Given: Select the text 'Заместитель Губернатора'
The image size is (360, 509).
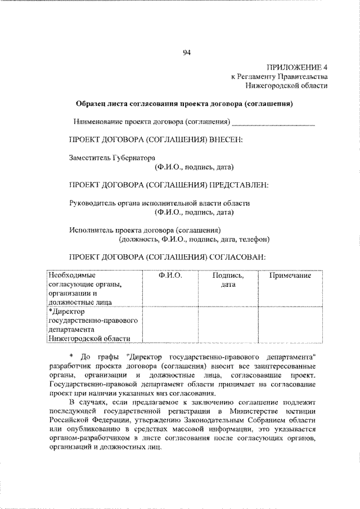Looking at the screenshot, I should (x=111, y=158).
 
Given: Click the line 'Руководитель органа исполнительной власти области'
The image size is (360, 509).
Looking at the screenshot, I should (x=159, y=202).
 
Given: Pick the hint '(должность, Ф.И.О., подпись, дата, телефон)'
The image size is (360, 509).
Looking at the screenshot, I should (x=193, y=238).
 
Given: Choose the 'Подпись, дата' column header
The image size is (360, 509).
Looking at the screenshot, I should (x=227, y=280).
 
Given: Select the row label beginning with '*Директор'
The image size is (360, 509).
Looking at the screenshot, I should (x=93, y=325).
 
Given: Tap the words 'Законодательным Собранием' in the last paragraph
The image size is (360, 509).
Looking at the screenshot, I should (x=248, y=420).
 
